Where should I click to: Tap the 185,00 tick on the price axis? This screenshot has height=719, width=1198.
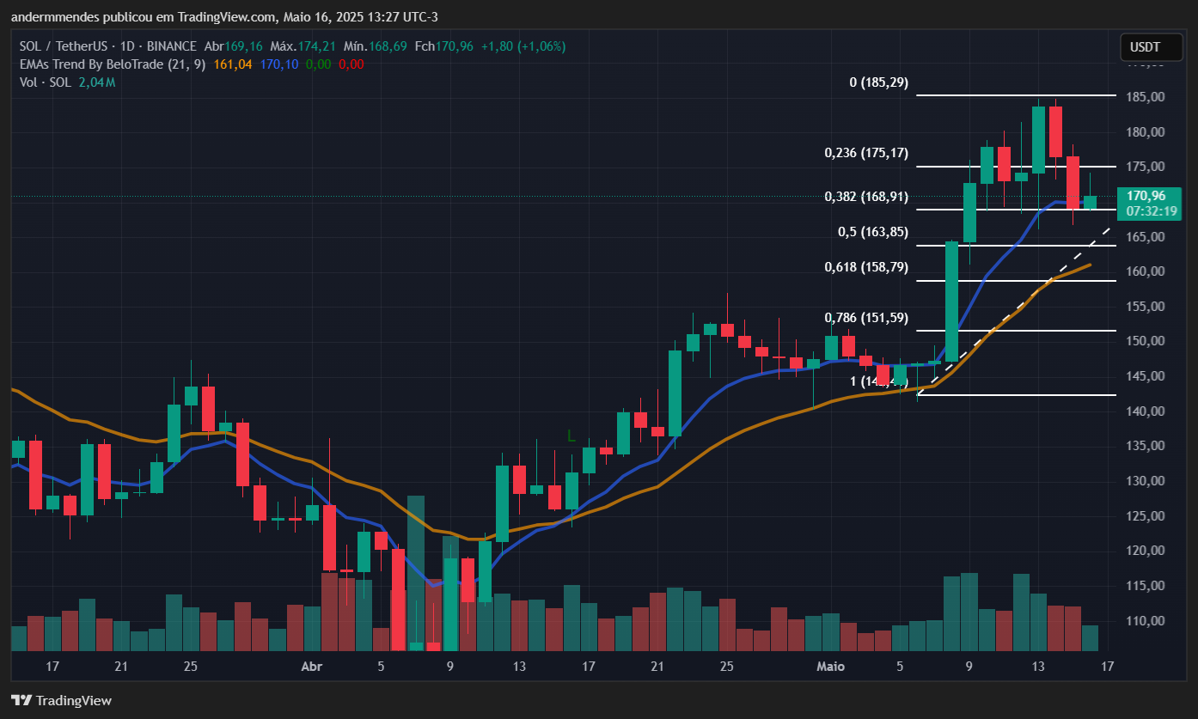(x=1147, y=97)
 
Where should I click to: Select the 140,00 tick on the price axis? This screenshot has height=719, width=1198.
(x=1147, y=411)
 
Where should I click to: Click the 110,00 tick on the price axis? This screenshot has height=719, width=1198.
(x=1147, y=621)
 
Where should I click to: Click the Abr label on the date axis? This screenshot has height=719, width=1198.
(x=311, y=667)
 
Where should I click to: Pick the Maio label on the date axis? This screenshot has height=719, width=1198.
(x=830, y=667)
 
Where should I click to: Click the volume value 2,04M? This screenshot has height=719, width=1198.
(x=97, y=82)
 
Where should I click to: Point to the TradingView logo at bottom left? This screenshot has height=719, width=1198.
(x=61, y=700)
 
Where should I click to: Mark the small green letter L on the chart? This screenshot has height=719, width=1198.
(x=571, y=436)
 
